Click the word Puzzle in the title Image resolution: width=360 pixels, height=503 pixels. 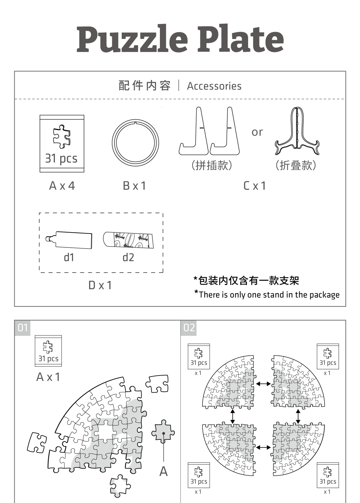point(132,39)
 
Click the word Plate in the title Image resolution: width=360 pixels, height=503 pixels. point(240,39)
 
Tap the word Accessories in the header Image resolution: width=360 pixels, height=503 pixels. point(214,86)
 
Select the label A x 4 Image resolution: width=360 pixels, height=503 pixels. point(62,186)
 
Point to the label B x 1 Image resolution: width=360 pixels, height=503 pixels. point(134,186)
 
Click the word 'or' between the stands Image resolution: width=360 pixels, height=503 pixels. point(257,132)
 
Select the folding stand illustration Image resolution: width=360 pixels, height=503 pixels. point(297,132)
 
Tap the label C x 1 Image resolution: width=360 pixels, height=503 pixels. point(254,186)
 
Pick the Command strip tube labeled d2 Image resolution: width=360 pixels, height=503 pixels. point(128,240)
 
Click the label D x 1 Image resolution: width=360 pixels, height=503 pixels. point(100,285)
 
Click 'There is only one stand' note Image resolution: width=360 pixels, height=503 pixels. point(267,295)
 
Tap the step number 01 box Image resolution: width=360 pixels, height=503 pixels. point(22,328)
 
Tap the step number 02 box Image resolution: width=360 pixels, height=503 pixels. point(189,328)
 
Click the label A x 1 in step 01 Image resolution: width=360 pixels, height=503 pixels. point(48,377)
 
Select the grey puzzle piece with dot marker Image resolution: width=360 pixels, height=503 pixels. point(163,432)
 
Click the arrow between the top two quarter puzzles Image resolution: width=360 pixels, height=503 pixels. point(263,384)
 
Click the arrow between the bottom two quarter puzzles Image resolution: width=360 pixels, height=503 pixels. point(263,448)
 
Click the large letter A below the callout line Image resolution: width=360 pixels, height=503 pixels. point(163,471)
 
